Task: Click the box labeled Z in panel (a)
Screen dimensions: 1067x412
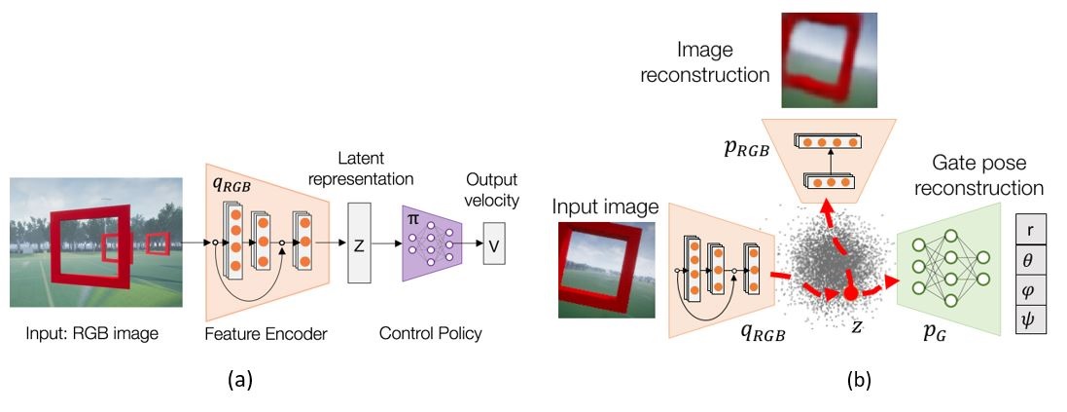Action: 359,242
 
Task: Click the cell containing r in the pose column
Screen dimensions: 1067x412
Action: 1030,230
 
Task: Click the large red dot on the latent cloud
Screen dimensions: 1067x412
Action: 850,294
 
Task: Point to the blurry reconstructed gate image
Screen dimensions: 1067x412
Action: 828,60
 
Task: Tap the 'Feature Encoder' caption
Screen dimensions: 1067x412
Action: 267,334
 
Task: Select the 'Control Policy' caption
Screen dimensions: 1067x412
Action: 430,334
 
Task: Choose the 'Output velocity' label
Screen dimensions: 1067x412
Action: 491,191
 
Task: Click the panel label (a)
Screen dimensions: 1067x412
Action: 240,379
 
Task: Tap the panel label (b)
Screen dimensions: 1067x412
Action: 859,379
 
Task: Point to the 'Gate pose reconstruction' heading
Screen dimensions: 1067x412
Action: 979,175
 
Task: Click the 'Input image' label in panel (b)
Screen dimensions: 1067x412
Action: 605,207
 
